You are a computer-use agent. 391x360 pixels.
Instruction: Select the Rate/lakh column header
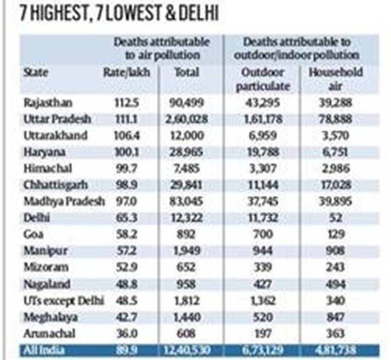(x=127, y=73)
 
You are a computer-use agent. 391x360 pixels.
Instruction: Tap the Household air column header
(x=335, y=79)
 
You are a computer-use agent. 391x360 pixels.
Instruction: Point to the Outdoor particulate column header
(x=263, y=79)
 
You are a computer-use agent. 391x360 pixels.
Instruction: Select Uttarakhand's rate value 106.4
(x=126, y=136)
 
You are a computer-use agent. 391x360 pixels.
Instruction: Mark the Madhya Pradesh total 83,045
(x=185, y=201)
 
